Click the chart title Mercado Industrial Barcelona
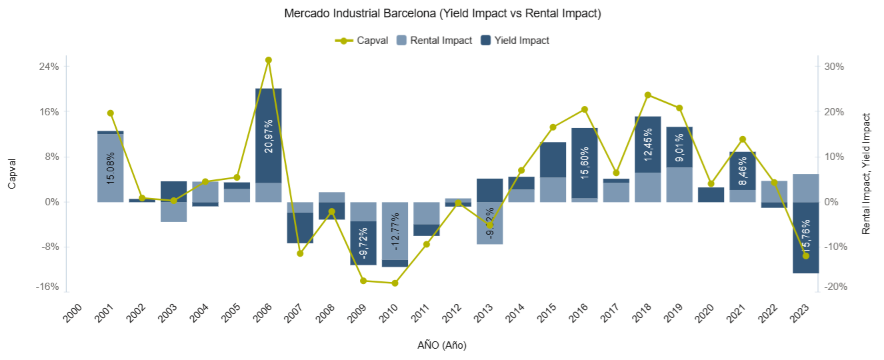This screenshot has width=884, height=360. coord(442,13)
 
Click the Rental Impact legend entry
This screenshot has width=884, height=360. coord(434,40)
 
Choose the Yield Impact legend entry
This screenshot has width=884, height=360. coord(515,40)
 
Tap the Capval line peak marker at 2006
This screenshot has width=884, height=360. coord(269,60)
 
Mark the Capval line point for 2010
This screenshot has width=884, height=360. coord(395,283)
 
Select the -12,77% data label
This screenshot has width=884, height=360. coord(395,231)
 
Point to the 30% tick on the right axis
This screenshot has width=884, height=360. coord(835,67)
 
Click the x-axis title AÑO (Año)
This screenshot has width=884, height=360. coord(442,345)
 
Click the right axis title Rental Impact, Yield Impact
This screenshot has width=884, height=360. coord(866,173)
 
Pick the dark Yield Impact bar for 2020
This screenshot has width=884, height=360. coord(711,194)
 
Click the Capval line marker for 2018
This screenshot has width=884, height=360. coord(648,95)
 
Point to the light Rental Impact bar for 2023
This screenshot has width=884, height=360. coord(805,188)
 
